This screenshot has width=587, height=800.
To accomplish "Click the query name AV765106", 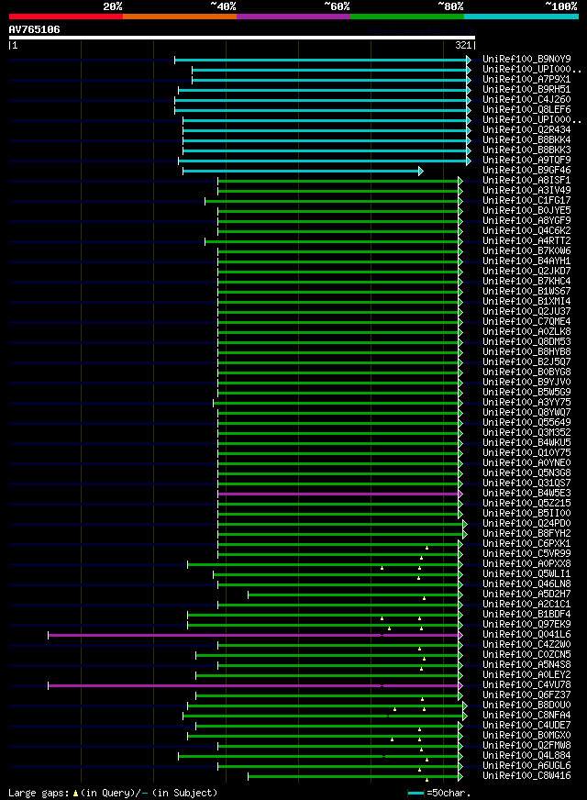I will (34, 29).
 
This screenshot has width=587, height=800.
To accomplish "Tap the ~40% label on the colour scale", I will (223, 6).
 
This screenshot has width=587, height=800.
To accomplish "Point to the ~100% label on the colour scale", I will (560, 6).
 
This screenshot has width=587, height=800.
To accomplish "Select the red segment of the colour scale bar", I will (65, 17).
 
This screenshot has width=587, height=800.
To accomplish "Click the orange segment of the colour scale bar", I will (179, 17).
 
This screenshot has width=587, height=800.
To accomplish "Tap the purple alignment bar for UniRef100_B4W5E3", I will (339, 494).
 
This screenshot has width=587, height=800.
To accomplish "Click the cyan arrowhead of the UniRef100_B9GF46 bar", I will (420, 171).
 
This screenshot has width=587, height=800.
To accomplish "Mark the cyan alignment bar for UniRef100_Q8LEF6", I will (321, 110).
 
